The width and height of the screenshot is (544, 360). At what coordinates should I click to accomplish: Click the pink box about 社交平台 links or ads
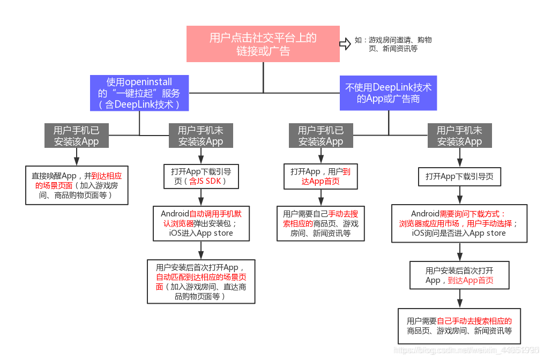click(263, 44)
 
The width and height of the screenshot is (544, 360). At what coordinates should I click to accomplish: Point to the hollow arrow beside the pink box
click(345, 44)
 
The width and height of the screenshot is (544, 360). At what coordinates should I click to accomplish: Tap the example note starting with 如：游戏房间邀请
click(393, 44)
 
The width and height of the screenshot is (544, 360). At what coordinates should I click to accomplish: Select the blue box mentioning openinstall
click(139, 93)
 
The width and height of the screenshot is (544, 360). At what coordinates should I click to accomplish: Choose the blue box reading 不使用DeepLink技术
click(389, 93)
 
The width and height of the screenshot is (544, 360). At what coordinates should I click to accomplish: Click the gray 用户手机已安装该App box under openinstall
click(76, 136)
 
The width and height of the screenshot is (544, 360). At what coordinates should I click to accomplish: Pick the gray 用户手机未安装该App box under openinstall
click(200, 136)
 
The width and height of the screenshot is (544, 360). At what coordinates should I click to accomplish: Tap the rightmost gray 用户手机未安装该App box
click(459, 136)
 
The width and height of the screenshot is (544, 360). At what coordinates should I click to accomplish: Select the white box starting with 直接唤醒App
click(77, 185)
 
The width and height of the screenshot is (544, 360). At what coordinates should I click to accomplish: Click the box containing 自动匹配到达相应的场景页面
click(201, 281)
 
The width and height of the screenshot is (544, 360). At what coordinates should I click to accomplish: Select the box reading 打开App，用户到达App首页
click(321, 176)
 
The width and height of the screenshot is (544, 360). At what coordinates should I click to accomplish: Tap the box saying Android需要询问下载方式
click(460, 223)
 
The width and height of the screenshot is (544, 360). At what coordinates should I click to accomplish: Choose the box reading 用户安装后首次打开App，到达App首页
click(459, 275)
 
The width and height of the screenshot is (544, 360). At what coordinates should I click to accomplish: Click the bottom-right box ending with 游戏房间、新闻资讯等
click(459, 326)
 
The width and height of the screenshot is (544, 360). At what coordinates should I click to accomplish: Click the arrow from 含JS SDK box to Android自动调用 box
click(201, 198)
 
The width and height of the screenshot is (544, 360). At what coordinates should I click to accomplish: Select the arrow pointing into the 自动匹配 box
click(201, 250)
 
